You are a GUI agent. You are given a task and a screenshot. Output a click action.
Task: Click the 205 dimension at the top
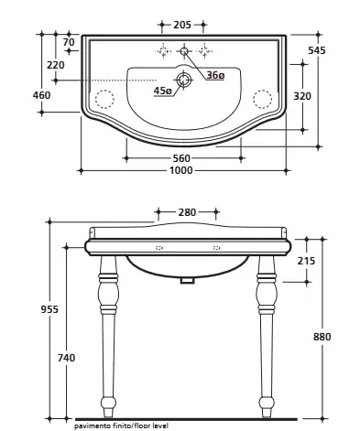[x=182, y=25]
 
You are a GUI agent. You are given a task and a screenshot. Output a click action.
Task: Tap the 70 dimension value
[x=69, y=42]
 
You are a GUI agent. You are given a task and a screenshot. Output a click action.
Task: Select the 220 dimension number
[x=56, y=65]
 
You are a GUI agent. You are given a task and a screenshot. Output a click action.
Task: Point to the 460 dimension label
[x=41, y=95]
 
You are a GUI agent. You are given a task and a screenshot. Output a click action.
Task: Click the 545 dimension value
[x=317, y=50]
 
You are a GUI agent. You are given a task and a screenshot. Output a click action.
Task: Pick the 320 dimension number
[x=302, y=96]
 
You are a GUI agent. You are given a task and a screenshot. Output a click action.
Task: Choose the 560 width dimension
[x=181, y=158]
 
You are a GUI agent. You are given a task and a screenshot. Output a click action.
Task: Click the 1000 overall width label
[x=181, y=170]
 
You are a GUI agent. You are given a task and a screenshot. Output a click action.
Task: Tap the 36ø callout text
[x=215, y=75]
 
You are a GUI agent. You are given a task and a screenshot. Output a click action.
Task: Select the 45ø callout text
[x=162, y=91]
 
